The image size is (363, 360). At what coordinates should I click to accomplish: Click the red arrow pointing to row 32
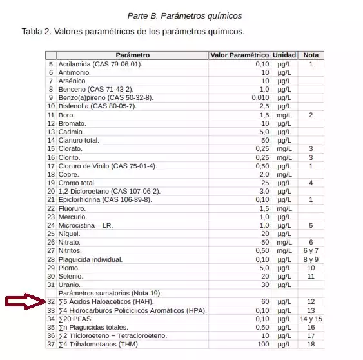coord(25,302)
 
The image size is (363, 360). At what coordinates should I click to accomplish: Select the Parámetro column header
coord(133,55)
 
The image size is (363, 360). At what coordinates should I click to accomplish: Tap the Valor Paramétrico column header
coord(239,55)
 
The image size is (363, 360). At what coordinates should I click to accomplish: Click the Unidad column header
coord(284,55)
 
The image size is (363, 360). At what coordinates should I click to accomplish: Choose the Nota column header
coord(311,55)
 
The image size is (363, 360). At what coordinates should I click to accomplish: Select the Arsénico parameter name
coord(72,81)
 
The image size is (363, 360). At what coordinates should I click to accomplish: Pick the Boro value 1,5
coord(263,115)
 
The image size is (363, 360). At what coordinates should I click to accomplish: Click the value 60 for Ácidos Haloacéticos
coord(264,302)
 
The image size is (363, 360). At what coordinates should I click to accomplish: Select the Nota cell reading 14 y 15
coord(311,319)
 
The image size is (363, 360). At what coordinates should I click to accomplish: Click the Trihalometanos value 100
coord(262,344)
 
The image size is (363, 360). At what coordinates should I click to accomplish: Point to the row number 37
coord(51,344)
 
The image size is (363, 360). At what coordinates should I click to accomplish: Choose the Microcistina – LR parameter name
coord(85,226)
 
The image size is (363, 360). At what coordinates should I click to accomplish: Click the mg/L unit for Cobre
coord(284,174)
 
